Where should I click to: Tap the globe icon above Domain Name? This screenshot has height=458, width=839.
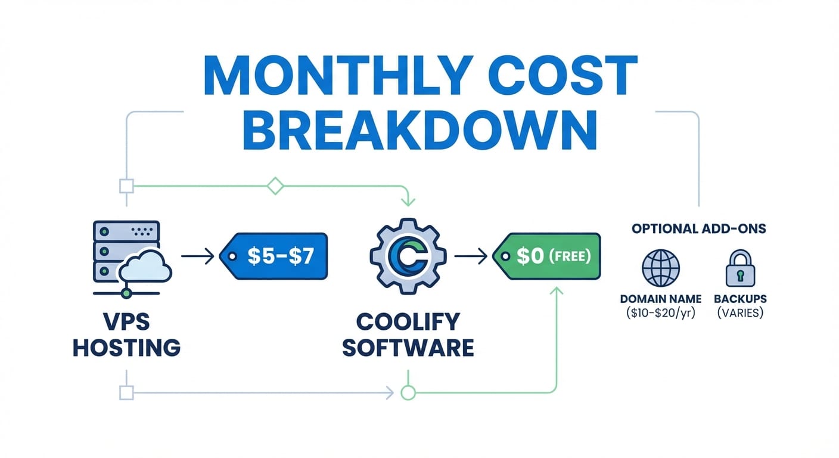pos(660,268)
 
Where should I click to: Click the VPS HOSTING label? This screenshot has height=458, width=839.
pos(126,334)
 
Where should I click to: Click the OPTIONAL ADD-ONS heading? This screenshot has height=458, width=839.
pos(699,228)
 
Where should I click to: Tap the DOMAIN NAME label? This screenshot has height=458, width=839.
pos(661,299)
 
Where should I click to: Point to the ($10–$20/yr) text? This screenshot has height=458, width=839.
pos(661,312)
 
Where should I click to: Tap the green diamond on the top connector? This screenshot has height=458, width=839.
pos(275,185)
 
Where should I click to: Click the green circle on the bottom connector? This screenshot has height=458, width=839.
pos(408,392)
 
